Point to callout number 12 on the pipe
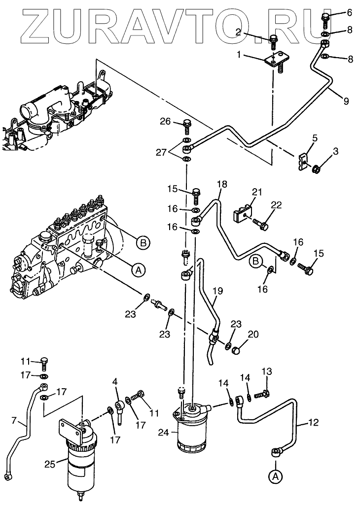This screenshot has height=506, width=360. (x=314, y=422)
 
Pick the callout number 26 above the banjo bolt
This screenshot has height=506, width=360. (x=165, y=121)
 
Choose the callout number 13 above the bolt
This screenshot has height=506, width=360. (x=266, y=371)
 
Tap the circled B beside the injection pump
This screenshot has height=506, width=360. (x=143, y=242)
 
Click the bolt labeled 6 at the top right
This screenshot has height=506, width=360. (x=325, y=20)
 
